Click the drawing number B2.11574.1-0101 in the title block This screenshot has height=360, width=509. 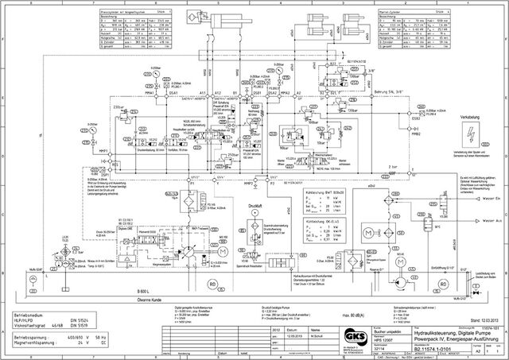(429, 347)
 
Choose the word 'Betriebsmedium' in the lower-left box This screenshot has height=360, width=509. (30, 317)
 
